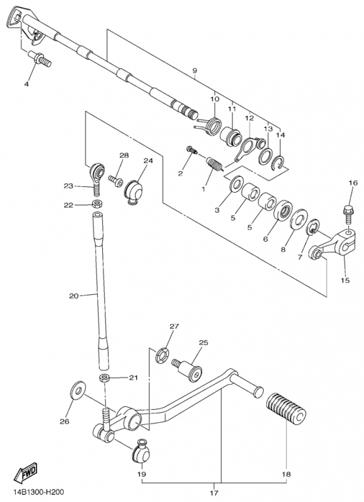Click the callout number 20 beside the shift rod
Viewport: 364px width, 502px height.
coord(73,296)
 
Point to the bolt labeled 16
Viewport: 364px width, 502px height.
coord(348,215)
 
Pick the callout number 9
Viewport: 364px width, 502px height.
coord(195,71)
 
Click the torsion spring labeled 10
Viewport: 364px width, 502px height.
coord(210,126)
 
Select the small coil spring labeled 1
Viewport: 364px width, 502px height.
coord(214,164)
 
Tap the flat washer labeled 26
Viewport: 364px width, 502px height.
coord(77,390)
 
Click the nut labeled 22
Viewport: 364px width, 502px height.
coord(96,203)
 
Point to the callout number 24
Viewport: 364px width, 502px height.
coord(148,161)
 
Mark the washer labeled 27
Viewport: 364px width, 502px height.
coord(163,355)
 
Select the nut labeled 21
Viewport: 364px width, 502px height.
coord(104,378)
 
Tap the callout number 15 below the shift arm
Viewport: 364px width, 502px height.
coord(345,280)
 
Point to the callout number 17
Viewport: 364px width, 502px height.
coord(214,492)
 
